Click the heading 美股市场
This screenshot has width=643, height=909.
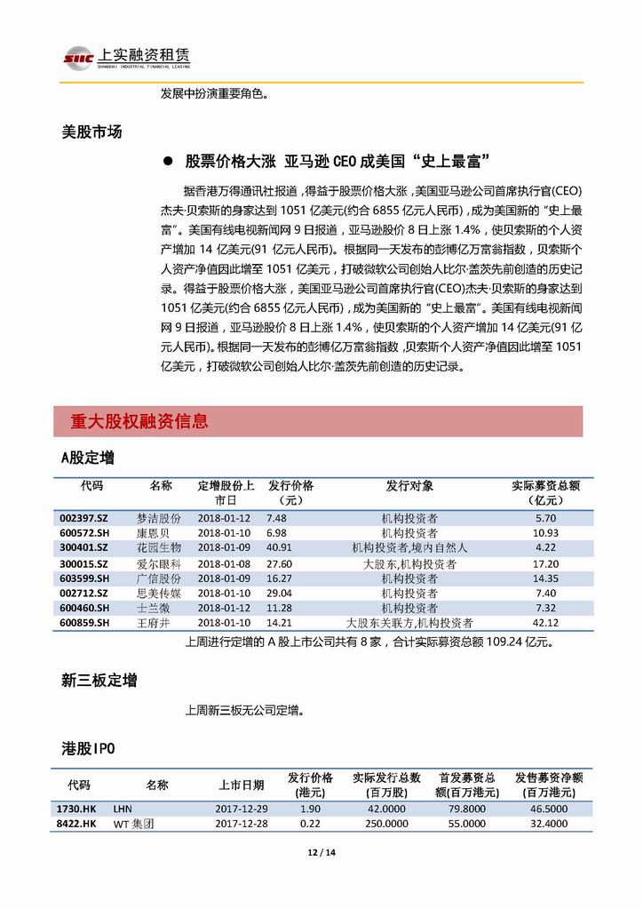pyautogui.click(x=91, y=132)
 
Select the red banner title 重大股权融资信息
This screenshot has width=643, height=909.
pyautogui.click(x=139, y=421)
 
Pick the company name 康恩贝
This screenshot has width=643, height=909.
pyautogui.click(x=164, y=533)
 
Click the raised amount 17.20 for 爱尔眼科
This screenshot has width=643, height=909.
pyautogui.click(x=545, y=564)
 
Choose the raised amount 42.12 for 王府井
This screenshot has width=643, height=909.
pyautogui.click(x=545, y=623)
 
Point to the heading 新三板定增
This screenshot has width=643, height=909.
pyautogui.click(x=99, y=681)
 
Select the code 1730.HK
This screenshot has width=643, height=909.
pyautogui.click(x=76, y=809)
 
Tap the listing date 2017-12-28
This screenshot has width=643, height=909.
pyautogui.click(x=240, y=825)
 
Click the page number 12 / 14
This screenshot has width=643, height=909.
pyautogui.click(x=321, y=854)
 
